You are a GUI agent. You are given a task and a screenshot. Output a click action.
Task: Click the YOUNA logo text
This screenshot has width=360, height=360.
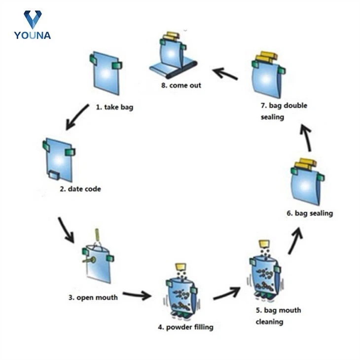coord(32,35)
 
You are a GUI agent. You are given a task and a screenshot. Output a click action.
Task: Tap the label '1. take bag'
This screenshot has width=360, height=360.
coord(114,106)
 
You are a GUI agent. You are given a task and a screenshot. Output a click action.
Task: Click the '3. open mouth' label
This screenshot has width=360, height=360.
coord(93,297)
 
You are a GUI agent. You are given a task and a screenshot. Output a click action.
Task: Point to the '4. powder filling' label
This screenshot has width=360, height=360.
coord(185,327)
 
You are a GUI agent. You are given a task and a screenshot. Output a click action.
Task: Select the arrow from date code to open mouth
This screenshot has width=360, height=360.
coord(66,229)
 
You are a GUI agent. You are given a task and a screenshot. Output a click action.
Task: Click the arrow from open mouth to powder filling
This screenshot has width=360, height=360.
coord(137,295)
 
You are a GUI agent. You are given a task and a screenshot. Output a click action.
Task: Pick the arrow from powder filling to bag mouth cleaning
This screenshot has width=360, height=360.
coord(227,294)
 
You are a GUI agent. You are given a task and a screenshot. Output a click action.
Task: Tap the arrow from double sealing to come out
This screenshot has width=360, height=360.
coord(225,74)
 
